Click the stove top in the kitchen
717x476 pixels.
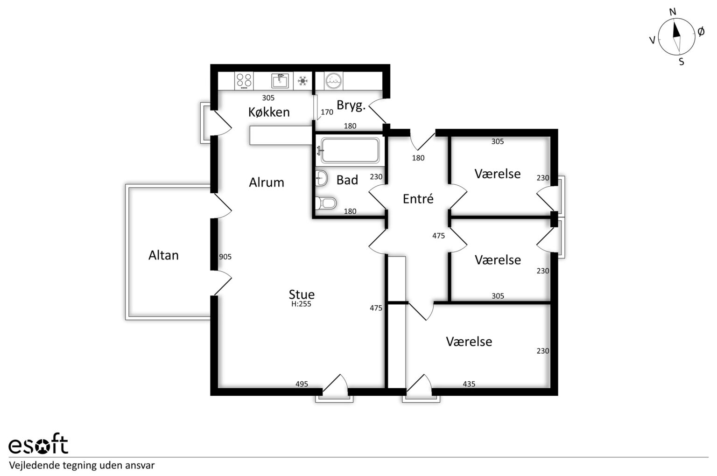[x=244, y=81]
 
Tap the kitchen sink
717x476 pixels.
[x=280, y=81]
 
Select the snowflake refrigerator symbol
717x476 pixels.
[x=303, y=81]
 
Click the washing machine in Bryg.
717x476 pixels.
[x=334, y=81]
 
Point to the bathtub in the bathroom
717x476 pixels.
[x=350, y=150]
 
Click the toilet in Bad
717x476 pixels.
[x=326, y=203]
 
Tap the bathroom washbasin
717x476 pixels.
[x=321, y=178]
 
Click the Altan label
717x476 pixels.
[x=163, y=255]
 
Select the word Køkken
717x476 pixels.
[x=269, y=112]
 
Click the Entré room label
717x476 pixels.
[x=418, y=199]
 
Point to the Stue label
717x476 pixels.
[x=302, y=294]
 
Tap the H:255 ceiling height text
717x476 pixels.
[x=301, y=304]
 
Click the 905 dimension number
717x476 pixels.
[x=225, y=257]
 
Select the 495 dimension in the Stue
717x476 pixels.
[x=302, y=384]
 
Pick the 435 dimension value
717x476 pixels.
[x=469, y=384]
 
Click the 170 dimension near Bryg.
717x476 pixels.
[x=327, y=112]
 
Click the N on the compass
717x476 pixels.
[x=673, y=12]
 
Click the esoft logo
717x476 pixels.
[x=38, y=444]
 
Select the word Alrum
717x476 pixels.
[x=267, y=182]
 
